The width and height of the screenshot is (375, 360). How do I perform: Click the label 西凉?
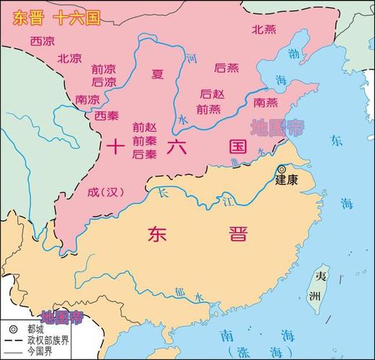coord(42,41)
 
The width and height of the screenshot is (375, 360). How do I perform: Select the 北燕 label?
coord(263,30)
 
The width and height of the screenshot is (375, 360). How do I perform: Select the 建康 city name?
coord(286,181)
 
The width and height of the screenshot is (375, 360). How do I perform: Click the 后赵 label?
coord(212,94)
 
